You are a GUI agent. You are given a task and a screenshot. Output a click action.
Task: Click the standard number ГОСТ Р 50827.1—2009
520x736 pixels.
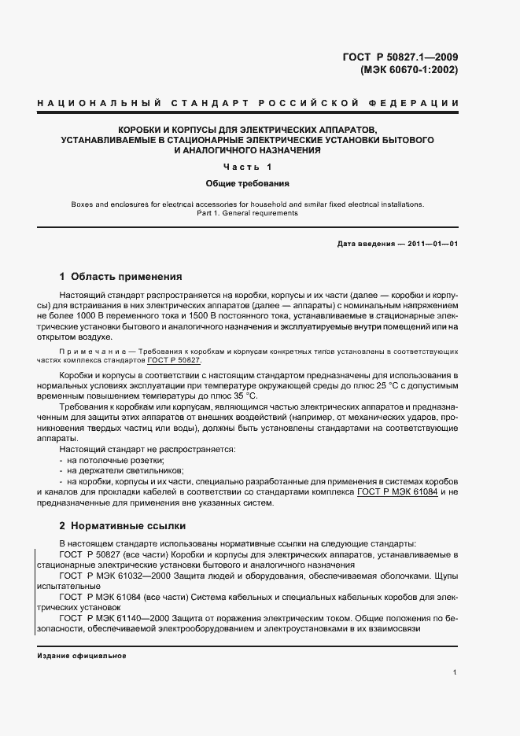point(400,56)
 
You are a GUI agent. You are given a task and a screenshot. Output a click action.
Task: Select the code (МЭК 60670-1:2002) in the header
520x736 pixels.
point(408,69)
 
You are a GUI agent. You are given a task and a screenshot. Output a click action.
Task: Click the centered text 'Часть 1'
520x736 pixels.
point(247,167)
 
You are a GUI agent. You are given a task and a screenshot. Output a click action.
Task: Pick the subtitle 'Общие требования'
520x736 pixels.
point(247,183)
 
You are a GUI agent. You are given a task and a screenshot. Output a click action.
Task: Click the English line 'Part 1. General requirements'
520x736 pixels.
point(247,213)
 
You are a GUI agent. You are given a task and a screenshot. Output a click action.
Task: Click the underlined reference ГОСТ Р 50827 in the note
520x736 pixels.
point(174,359)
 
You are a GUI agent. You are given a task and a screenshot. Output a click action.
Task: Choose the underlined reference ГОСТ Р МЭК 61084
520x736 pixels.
point(398,492)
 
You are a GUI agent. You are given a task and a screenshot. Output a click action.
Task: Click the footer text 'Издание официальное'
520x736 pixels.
point(82,656)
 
